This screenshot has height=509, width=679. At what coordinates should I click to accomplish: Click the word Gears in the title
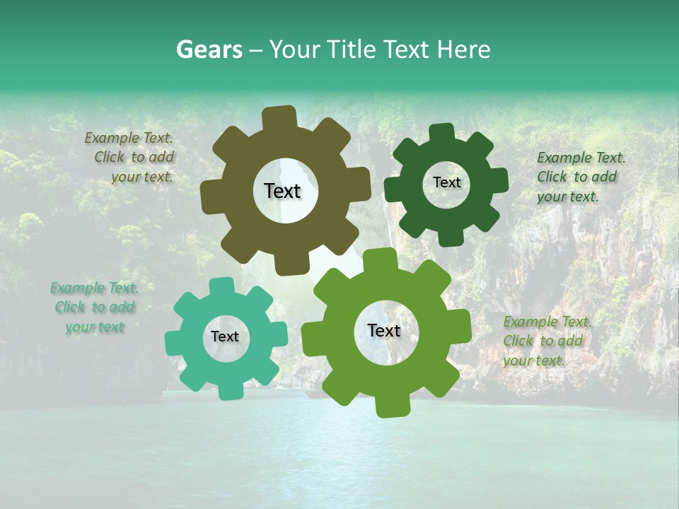(x=209, y=49)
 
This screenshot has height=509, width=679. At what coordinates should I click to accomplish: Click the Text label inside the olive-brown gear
(x=282, y=191)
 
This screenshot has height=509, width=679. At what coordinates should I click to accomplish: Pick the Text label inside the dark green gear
(x=446, y=182)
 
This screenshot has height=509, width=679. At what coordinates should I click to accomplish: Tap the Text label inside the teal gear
(x=225, y=337)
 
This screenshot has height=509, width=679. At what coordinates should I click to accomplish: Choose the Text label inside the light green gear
(x=384, y=330)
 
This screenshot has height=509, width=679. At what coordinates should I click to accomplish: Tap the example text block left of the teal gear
(x=95, y=308)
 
